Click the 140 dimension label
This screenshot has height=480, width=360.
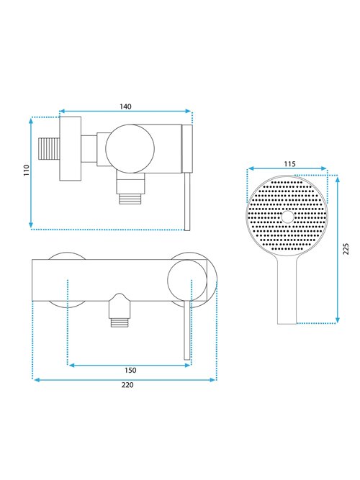click(125, 107)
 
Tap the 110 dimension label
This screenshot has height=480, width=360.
click(27, 170)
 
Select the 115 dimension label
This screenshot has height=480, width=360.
click(289, 164)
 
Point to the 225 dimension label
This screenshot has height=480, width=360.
click(346, 249)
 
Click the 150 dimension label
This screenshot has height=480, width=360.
click(130, 371)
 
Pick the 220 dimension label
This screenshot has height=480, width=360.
click(127, 385)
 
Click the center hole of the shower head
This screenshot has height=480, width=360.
click(287, 217)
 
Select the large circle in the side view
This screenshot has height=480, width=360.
click(130, 149)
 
